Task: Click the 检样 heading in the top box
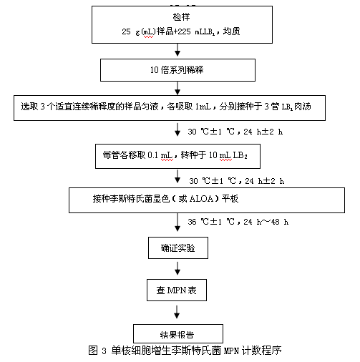[x=181, y=17]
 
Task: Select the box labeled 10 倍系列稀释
[x=177, y=70]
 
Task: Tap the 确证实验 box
[x=178, y=248]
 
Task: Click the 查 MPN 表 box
[x=177, y=290]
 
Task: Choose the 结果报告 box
[x=178, y=333]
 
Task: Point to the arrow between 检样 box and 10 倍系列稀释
[x=177, y=50]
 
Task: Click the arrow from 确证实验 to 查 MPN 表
[x=177, y=268]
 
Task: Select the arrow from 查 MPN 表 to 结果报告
[x=177, y=312]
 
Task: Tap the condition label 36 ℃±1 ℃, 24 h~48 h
[x=238, y=222]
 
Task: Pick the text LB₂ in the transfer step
[x=240, y=155]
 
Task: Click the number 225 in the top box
[x=184, y=31]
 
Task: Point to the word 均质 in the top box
[x=231, y=31]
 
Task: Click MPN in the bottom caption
[x=231, y=351]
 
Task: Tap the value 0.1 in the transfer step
[x=152, y=155]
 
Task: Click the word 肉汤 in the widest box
[x=303, y=107]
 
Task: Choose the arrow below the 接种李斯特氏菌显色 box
[x=177, y=222]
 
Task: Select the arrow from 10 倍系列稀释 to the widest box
[x=177, y=88]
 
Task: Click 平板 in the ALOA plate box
[x=230, y=199]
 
